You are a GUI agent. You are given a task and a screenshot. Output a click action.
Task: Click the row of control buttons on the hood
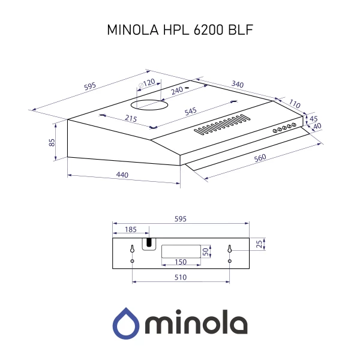click(284, 127)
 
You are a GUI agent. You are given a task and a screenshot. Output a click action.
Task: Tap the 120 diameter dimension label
click(148, 82)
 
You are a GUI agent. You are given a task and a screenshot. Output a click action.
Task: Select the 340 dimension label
click(237, 85)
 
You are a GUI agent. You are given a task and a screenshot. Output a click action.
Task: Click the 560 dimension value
click(259, 158)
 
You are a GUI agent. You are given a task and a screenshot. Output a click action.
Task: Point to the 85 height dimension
click(52, 142)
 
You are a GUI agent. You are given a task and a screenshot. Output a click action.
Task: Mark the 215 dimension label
click(131, 119)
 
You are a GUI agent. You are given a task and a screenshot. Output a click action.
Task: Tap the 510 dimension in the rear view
click(181, 277)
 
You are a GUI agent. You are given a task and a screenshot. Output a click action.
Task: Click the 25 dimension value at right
click(259, 244)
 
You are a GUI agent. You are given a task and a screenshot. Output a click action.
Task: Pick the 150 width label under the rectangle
click(180, 262)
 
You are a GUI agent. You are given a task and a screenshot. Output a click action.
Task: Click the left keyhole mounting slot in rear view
click(132, 249)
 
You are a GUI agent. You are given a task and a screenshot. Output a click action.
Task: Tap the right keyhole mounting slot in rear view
click(229, 249)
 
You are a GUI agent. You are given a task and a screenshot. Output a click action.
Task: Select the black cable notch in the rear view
click(148, 242)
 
